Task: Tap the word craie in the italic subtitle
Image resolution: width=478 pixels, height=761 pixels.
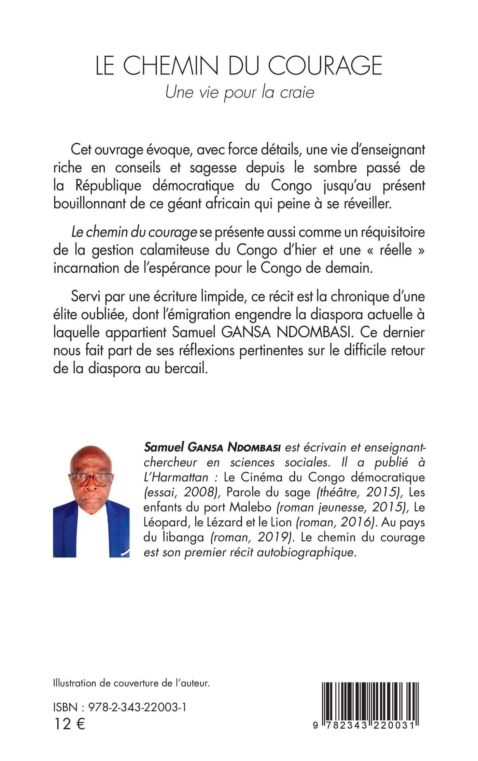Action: (297, 92)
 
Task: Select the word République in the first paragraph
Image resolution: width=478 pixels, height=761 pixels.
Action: (118, 187)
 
